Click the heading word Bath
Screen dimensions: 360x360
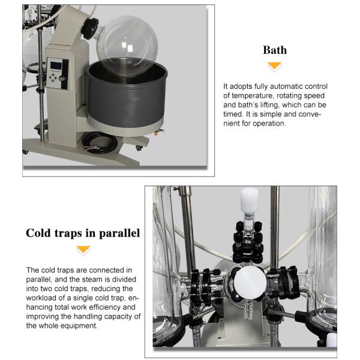click(x=275, y=50)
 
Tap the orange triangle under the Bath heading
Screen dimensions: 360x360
click(x=275, y=65)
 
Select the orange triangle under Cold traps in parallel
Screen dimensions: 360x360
click(x=83, y=250)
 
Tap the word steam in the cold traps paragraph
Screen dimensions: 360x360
click(x=91, y=280)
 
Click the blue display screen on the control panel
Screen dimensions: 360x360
click(x=56, y=65)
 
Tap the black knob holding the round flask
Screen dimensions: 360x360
click(x=90, y=28)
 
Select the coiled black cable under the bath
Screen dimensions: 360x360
click(x=100, y=143)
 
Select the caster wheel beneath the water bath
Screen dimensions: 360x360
click(x=139, y=148)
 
